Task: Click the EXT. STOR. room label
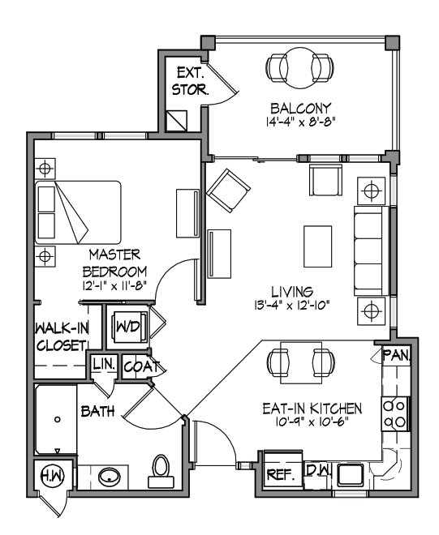(x=190, y=81)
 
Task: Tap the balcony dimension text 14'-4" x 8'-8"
(x=300, y=122)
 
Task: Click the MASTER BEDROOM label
(x=114, y=263)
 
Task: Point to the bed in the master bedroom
(x=78, y=212)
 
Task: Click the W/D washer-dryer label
(x=127, y=327)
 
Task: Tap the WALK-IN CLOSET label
(x=62, y=337)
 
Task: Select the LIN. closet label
(x=104, y=365)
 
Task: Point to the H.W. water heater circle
(x=52, y=475)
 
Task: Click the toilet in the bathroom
(x=161, y=471)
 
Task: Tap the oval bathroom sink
(x=110, y=477)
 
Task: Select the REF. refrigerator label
(x=281, y=474)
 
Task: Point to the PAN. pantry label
(x=397, y=356)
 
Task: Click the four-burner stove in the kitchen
(x=395, y=414)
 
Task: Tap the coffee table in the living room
(x=318, y=246)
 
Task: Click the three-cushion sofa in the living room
(x=372, y=250)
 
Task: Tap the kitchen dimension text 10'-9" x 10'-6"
(x=312, y=422)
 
